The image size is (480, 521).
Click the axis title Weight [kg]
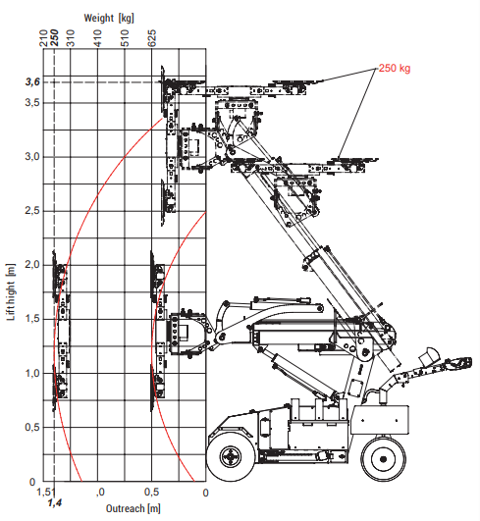[x=109, y=18]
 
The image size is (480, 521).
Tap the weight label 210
[x=44, y=38]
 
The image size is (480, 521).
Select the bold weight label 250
[x=55, y=38]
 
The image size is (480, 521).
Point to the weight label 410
[x=97, y=38]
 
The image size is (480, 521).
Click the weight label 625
[x=151, y=38]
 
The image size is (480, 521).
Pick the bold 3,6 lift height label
[x=32, y=82]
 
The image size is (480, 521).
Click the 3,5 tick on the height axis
[x=32, y=102]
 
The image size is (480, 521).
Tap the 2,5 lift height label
[x=32, y=210]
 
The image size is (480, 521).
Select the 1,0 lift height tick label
[x=32, y=373]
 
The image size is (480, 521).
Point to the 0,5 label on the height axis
[x=32, y=427]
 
